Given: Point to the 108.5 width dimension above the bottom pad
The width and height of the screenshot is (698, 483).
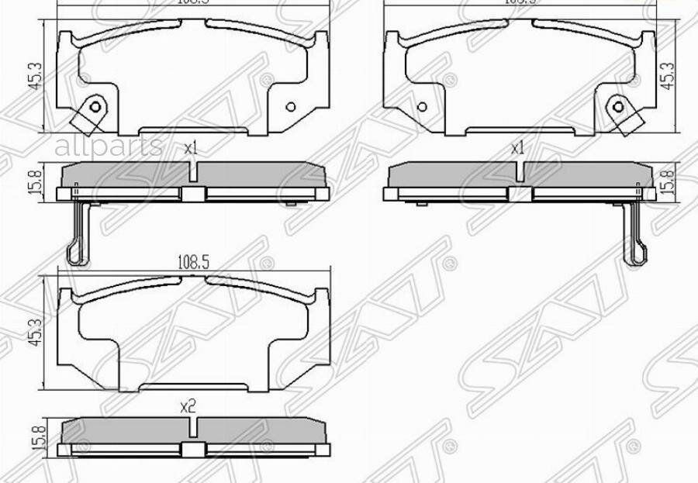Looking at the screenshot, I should (x=194, y=262).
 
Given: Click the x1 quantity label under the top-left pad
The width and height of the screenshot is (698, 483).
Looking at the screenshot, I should (x=191, y=147).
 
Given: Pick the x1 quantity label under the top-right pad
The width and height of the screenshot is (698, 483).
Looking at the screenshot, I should (x=517, y=147).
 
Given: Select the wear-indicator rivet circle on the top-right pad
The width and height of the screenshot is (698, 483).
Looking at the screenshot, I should (x=618, y=107).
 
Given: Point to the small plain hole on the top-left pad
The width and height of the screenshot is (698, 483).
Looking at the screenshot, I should (x=291, y=107).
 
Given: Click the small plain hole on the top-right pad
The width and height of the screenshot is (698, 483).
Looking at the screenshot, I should (x=423, y=107).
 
